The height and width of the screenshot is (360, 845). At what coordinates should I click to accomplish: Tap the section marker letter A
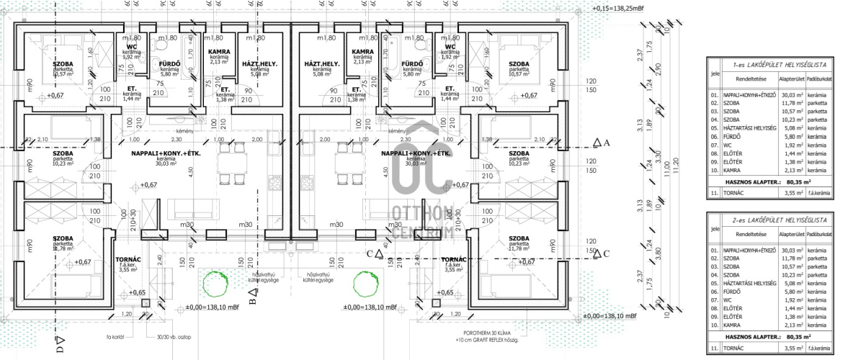click(x=607, y=143)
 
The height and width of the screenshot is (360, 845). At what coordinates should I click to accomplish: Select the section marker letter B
click(x=252, y=297)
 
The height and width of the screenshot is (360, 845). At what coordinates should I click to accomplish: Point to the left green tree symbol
click(x=213, y=283)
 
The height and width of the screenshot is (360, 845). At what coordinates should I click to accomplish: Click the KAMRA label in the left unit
click(x=219, y=52)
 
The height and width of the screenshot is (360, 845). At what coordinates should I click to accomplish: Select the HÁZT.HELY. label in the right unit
click(x=322, y=63)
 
